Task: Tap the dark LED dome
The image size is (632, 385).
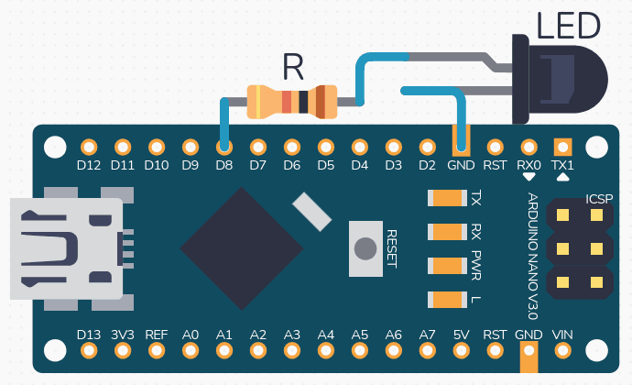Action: (573, 78)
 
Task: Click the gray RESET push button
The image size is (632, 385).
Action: (365, 248)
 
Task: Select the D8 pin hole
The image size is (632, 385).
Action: (224, 147)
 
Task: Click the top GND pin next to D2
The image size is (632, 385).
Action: (461, 147)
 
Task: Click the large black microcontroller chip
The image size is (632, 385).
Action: (243, 247)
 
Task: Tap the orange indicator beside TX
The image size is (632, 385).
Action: (448, 198)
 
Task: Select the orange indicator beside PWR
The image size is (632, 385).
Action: (448, 266)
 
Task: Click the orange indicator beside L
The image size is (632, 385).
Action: (448, 299)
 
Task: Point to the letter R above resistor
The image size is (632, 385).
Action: (292, 66)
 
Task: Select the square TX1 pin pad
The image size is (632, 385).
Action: (562, 147)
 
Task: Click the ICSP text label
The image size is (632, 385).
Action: (599, 199)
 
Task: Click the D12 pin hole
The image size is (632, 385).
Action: (89, 147)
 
